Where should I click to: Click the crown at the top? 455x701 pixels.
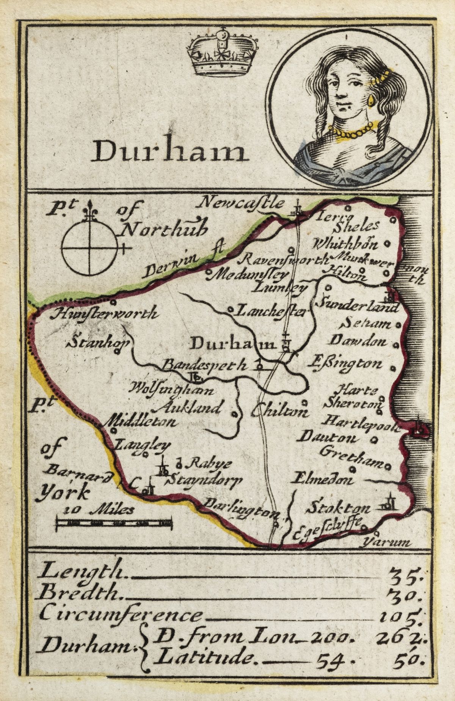(x=222, y=53)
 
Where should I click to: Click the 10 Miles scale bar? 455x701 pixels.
(x=114, y=524)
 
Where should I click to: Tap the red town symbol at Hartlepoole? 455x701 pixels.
(x=420, y=428)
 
